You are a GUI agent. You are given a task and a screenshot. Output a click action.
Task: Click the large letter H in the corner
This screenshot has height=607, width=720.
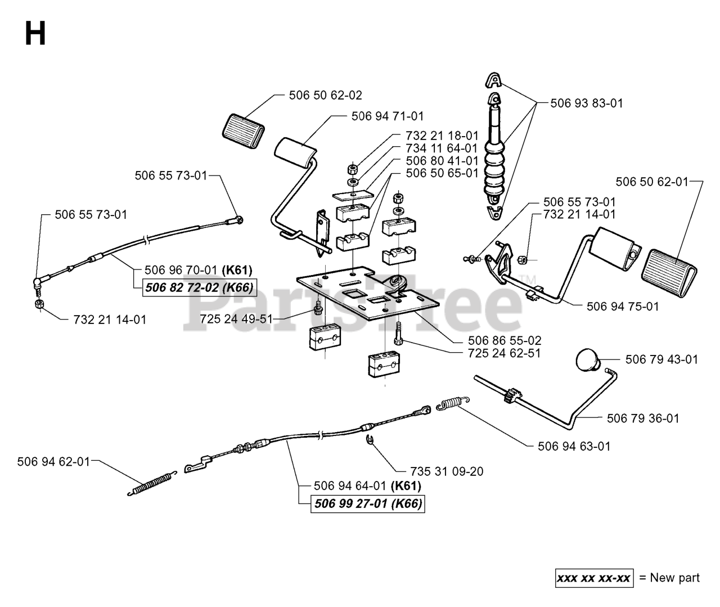coord(35,33)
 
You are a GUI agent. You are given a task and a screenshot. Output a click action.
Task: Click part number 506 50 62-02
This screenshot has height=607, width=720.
coord(326,95)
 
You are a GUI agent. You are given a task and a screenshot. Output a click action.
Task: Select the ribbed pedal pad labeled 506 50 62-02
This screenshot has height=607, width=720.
coord(244,131)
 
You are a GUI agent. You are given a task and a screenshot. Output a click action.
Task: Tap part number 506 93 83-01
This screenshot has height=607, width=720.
coord(587,103)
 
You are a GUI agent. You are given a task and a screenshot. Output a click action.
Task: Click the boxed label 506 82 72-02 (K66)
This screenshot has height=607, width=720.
coord(200,287)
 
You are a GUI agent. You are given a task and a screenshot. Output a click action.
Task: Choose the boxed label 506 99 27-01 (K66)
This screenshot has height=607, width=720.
coord(368,504)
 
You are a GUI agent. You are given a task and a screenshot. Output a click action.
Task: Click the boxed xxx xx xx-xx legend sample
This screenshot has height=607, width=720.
coord(594,578)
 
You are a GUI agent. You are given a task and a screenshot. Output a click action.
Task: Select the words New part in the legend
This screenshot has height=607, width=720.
coord(675,578)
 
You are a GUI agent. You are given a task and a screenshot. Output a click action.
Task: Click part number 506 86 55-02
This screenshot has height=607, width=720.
coord(505,341)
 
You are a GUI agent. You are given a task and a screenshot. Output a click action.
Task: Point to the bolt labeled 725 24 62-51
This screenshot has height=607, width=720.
coord(398,332)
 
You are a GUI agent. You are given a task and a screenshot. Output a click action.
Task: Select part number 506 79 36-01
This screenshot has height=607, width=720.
coord(643,419)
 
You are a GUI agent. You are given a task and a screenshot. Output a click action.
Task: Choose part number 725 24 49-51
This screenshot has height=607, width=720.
coord(236,319)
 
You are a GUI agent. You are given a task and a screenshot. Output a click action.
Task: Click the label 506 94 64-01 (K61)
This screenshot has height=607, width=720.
coord(367,486)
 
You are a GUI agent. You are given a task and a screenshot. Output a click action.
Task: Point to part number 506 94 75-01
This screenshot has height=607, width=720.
coord(623,306)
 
